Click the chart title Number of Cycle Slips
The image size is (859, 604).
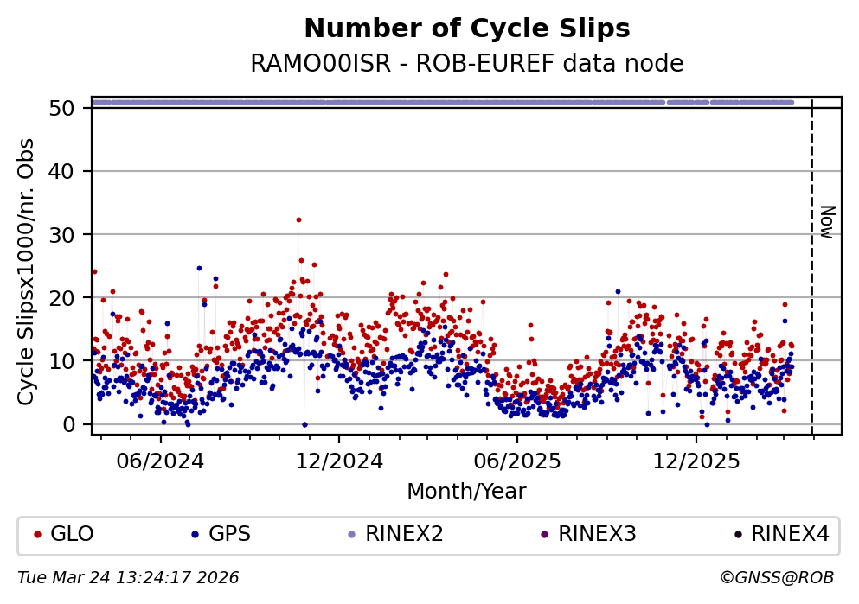click(x=467, y=29)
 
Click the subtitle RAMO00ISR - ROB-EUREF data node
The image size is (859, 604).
click(x=467, y=64)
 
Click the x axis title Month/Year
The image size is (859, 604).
click(x=466, y=492)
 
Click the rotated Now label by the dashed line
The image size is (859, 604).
click(x=827, y=221)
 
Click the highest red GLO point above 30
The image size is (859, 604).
click(x=298, y=219)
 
